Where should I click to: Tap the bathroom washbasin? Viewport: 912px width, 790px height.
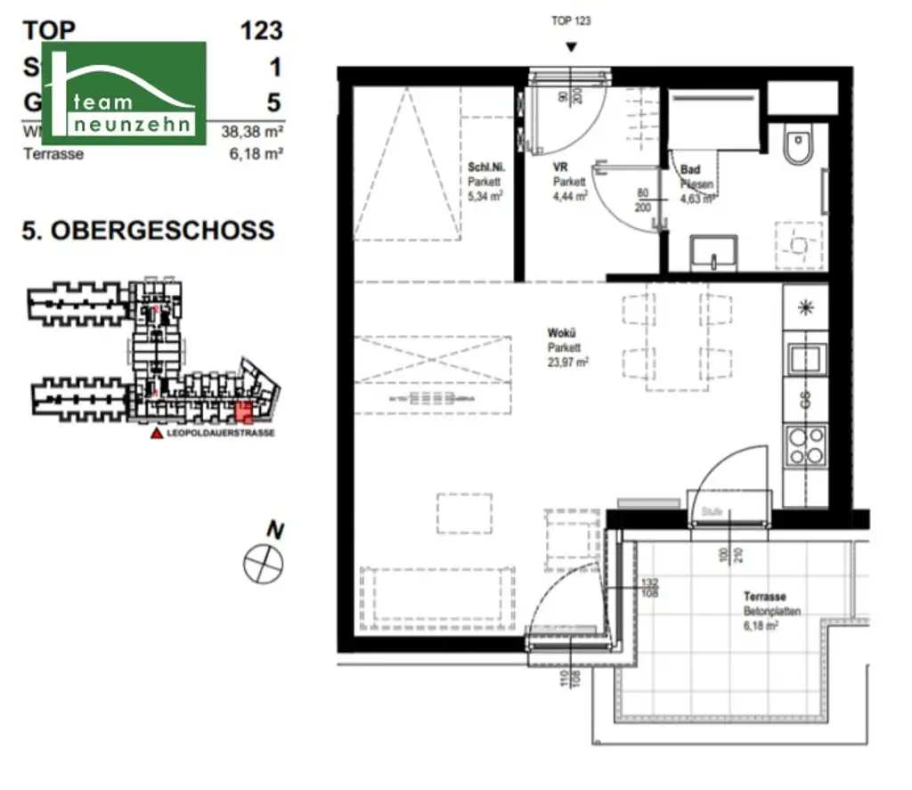[x=714, y=252]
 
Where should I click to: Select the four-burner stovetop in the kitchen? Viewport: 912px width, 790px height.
[x=804, y=446]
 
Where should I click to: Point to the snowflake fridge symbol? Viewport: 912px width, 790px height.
[x=805, y=308]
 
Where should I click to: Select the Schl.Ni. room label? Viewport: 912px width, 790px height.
[x=485, y=167]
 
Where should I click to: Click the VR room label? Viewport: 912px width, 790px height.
[x=560, y=167]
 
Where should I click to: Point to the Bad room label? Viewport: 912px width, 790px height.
[x=689, y=169]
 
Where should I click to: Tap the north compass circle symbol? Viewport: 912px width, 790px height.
[x=263, y=562]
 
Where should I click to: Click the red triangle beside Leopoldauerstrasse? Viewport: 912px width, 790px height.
[x=157, y=434]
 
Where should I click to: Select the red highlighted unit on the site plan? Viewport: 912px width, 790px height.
[x=242, y=411]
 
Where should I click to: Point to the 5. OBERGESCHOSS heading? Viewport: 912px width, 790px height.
[x=148, y=231]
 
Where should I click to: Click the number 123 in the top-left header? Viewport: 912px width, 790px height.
[x=261, y=30]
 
